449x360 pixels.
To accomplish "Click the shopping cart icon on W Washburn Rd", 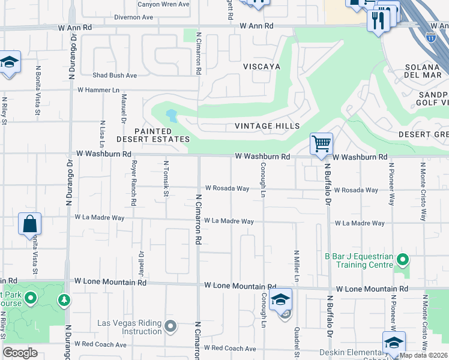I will (x=321, y=144).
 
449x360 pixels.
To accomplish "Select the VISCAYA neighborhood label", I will (x=261, y=67).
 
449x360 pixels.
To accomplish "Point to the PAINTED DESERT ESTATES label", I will (x=153, y=135).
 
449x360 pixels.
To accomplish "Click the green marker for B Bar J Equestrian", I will (x=403, y=260).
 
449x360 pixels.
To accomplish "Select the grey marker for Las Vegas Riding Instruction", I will (x=170, y=327).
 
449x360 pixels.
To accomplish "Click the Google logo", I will (x=20, y=353).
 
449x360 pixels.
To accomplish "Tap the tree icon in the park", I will (x=63, y=299).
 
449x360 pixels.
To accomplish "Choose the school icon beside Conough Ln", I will (x=280, y=299).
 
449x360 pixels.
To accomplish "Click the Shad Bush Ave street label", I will (x=115, y=76).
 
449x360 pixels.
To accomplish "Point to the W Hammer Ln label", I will (x=98, y=89).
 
